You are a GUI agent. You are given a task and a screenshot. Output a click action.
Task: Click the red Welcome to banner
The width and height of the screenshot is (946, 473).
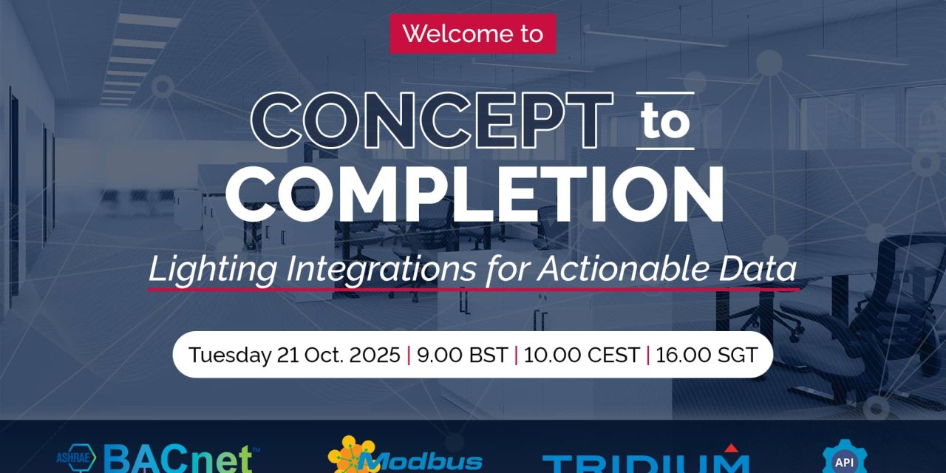(472, 34)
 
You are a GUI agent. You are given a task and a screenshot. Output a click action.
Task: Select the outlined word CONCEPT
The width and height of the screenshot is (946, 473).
(432, 121)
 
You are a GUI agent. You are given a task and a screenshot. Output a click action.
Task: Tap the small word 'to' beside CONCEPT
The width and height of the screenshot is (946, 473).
(665, 123)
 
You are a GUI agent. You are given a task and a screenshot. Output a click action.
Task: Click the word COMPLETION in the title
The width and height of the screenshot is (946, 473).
(474, 194)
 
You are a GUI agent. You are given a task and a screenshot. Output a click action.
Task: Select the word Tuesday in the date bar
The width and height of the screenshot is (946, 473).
(229, 355)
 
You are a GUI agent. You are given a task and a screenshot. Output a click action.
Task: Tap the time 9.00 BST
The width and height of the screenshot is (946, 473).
(462, 355)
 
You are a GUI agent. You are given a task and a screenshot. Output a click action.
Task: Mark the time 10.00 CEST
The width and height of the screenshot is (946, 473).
(582, 355)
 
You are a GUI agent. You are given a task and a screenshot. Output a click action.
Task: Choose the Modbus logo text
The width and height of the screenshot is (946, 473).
(425, 462)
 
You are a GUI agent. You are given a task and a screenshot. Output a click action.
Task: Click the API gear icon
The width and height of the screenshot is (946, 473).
(843, 458)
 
